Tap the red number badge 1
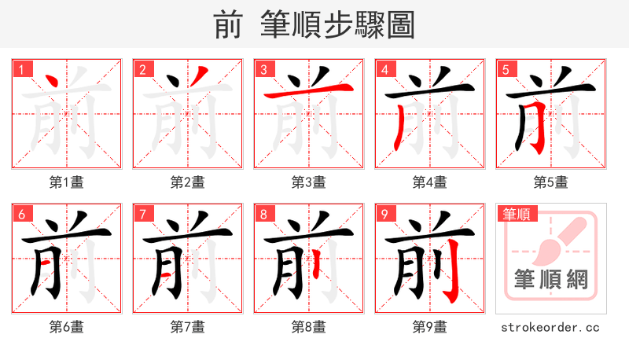23,70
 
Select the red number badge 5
507,70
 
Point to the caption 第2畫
187,182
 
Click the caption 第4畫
429,182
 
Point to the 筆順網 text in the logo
550,279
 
